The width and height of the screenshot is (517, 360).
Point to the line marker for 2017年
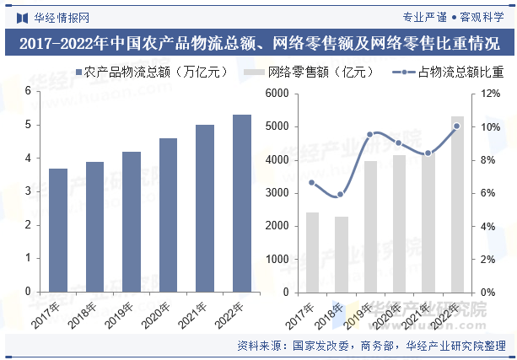coord(312,182)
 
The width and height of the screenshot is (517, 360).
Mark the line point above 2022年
coord(457,126)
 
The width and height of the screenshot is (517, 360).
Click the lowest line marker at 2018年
coord(341,195)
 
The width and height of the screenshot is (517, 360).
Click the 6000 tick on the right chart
coord(277,94)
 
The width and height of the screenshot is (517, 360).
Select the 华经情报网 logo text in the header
coord(60,16)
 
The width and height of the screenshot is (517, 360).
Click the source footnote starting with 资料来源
coord(371,345)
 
